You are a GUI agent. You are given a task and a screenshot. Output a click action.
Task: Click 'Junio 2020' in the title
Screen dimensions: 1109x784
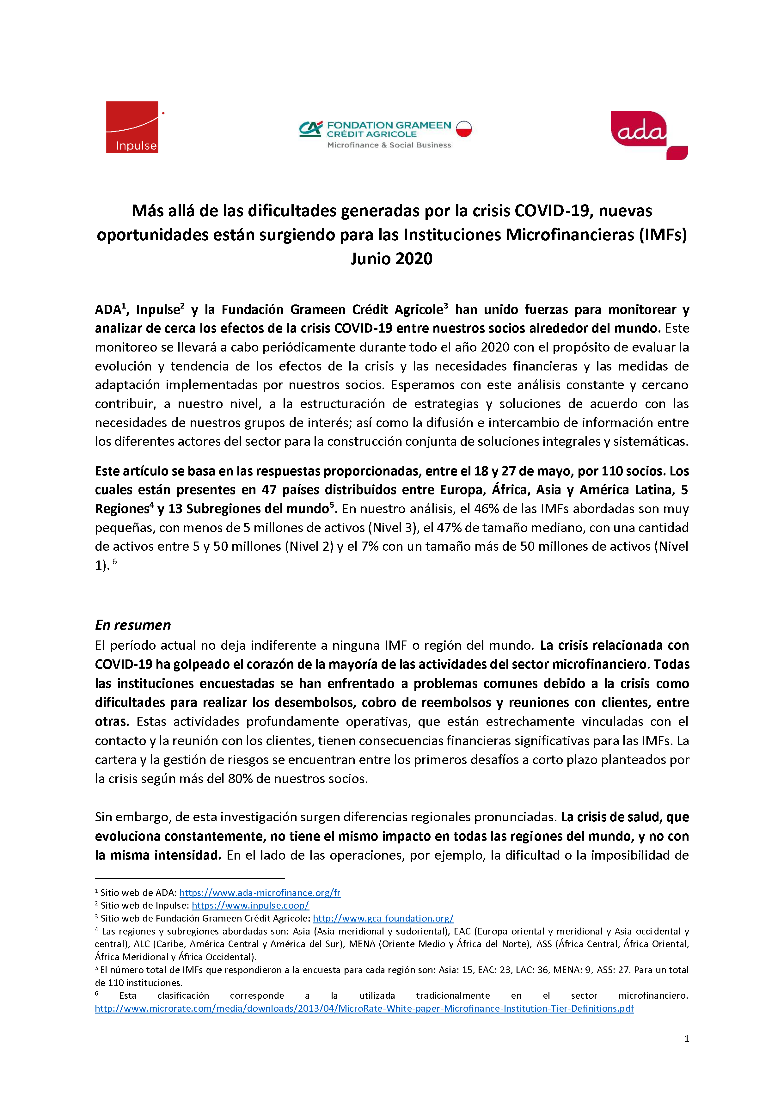click(391, 259)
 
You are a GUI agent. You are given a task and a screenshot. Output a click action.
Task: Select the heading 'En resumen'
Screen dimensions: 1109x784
click(133, 625)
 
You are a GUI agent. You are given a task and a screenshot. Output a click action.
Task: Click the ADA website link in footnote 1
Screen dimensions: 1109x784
click(260, 893)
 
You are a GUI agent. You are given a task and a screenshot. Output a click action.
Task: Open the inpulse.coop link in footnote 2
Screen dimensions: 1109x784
click(250, 906)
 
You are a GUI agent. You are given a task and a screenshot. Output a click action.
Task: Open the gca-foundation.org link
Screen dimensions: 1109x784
click(383, 918)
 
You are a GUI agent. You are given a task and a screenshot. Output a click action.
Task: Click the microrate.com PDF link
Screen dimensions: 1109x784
click(364, 1008)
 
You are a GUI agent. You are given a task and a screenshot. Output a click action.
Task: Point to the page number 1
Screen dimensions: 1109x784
click(686, 1039)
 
